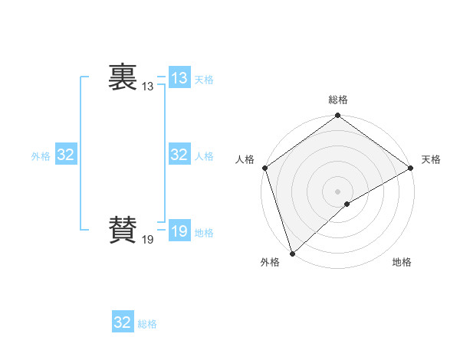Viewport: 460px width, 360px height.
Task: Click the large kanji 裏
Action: coord(123,77)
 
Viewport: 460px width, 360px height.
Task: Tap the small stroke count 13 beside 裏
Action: coord(147,87)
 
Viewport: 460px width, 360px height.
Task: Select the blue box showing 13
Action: coord(179,77)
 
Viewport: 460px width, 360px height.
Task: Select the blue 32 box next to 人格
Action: coord(179,155)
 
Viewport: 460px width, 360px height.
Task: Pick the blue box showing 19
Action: coord(179,231)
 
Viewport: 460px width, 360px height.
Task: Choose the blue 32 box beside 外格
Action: coord(66,155)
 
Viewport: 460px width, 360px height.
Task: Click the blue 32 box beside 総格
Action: coord(123,322)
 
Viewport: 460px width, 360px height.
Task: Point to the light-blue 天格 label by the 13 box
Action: coord(204,80)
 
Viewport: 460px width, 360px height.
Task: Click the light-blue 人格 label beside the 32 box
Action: coord(204,156)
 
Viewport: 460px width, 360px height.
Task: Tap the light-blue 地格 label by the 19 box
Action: coord(204,233)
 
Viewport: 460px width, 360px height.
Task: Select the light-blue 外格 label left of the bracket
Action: coord(41,156)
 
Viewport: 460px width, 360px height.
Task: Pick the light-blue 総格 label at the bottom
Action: coord(147,324)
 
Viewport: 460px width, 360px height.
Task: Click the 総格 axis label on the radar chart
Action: coord(338,100)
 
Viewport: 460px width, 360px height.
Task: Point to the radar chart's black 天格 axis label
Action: coord(432,159)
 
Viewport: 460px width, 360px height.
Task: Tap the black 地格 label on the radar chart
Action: coord(402,262)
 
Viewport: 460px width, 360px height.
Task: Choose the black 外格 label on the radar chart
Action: coord(270,262)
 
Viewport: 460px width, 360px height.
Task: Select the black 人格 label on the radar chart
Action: coord(245,159)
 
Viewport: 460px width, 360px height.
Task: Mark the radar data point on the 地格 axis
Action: coord(347,204)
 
